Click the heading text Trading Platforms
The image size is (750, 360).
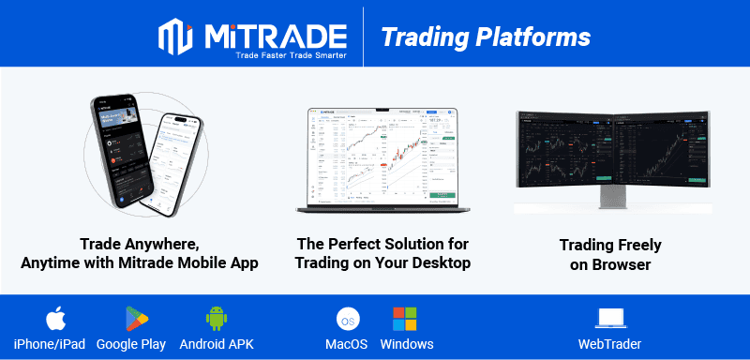coord(485,37)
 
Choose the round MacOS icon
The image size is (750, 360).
coord(346,319)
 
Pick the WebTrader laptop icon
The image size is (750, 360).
coord(610,319)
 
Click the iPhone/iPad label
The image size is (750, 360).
coord(49,344)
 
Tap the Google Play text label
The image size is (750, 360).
coord(130,344)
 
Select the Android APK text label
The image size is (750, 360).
coord(216,344)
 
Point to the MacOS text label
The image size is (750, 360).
coord(346,344)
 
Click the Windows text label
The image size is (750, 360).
coord(407,344)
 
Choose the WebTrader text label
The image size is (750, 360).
coord(610,344)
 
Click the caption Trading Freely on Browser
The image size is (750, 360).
coord(610,254)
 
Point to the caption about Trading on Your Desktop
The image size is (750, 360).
coord(382,254)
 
